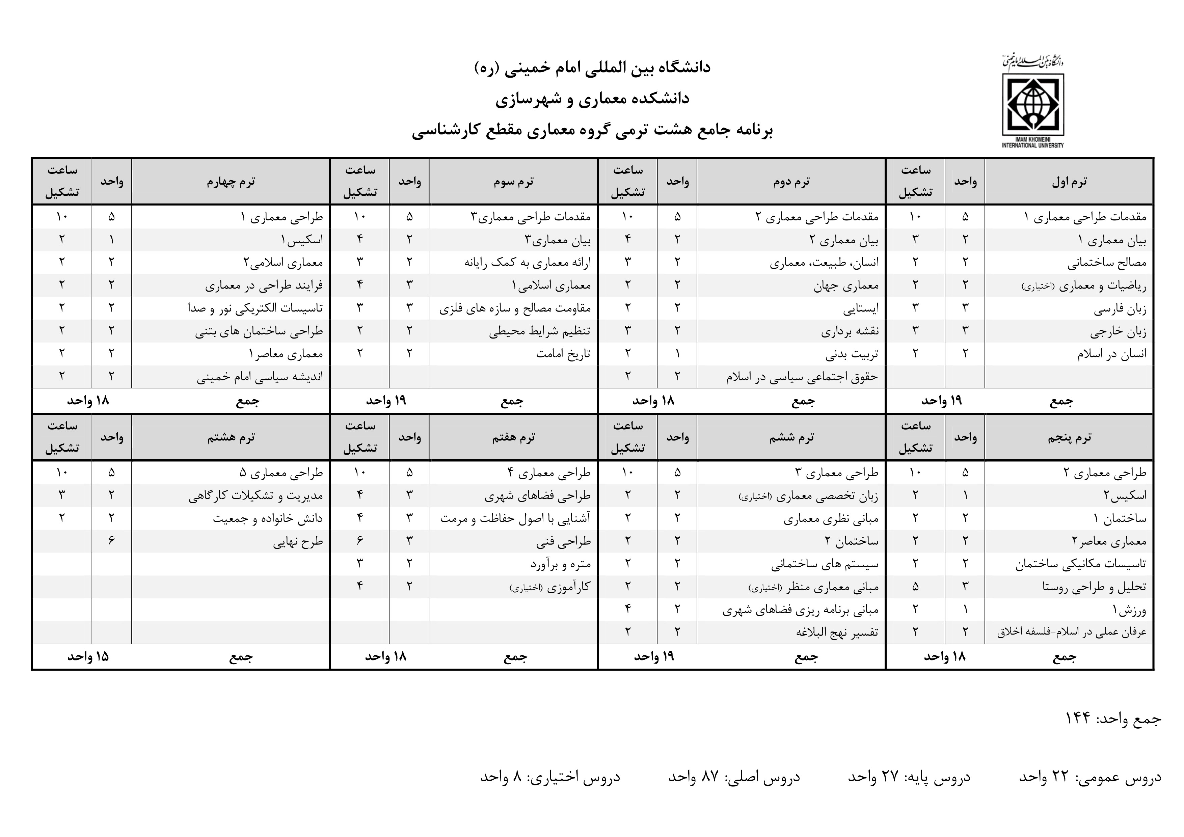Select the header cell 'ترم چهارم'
click(231, 182)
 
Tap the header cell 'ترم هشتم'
click(231, 438)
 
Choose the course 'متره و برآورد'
click(561, 564)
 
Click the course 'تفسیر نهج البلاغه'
click(837, 632)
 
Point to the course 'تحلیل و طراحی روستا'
click(1094, 587)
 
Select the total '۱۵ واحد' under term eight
click(88, 657)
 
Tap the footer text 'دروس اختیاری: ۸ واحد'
click(550, 777)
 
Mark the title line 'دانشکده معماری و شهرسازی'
click(593, 99)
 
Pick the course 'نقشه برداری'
click(850, 331)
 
